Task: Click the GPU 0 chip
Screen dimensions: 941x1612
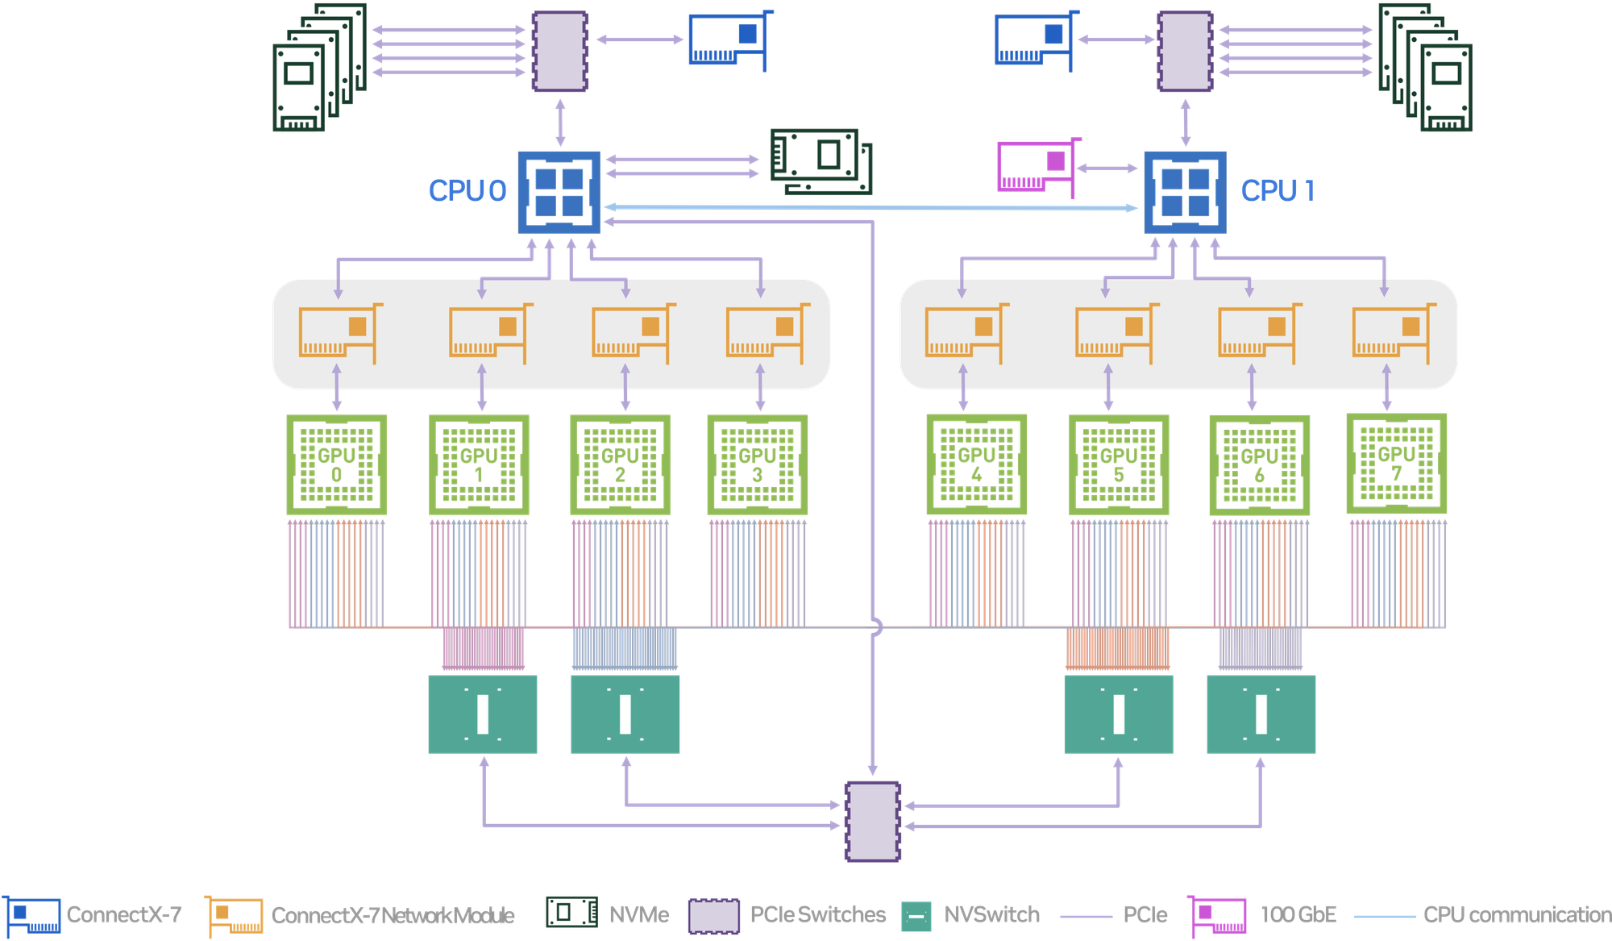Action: click(x=337, y=464)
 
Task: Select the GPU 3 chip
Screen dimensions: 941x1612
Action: click(x=757, y=464)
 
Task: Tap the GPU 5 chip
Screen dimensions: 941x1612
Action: click(x=1119, y=464)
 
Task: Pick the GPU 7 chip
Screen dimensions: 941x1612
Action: click(x=1396, y=464)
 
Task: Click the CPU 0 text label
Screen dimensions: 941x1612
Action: click(x=467, y=190)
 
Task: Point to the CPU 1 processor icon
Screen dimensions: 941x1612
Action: click(x=1186, y=192)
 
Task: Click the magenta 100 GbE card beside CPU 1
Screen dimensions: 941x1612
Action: click(x=1036, y=167)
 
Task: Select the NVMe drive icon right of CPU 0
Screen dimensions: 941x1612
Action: click(x=821, y=161)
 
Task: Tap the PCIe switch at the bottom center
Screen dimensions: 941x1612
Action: click(x=872, y=821)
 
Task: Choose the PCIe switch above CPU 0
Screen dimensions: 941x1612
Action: click(x=559, y=52)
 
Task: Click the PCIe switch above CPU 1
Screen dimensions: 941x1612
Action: click(x=1185, y=52)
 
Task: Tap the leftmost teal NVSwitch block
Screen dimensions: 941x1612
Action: click(x=482, y=714)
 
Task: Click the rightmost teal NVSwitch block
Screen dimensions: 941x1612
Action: click(x=1261, y=714)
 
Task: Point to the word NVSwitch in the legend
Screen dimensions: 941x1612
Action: click(x=991, y=915)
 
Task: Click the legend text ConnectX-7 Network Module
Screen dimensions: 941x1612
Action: click(x=393, y=916)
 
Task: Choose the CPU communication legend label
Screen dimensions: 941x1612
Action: click(x=1515, y=915)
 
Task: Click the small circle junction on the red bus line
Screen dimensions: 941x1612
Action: click(x=873, y=627)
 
